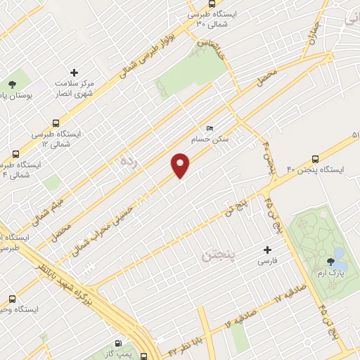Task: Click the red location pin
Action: pos(181,165)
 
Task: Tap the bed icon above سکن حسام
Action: pos(210,128)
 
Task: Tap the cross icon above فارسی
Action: pos(266,249)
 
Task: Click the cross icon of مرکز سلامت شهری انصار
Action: pos(74,72)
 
